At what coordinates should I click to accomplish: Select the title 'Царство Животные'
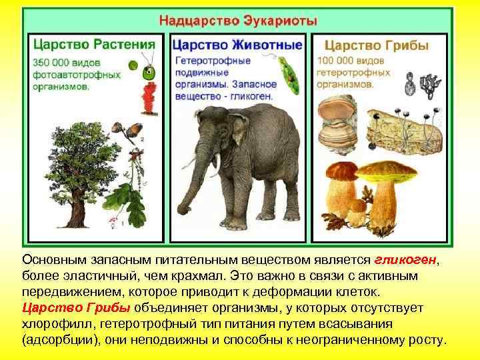click(237, 45)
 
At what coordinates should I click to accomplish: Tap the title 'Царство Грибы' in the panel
click(377, 46)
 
